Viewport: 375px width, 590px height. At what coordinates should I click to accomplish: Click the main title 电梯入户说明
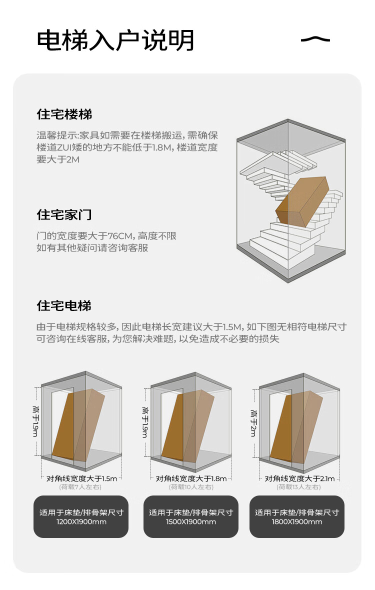[x=115, y=40]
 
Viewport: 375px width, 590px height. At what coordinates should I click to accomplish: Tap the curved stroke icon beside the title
[x=315, y=39]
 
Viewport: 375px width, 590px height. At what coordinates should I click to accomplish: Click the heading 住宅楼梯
[x=64, y=114]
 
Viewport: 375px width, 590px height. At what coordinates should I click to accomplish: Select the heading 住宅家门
[x=64, y=214]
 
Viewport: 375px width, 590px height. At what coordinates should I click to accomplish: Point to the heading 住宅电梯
[x=64, y=305]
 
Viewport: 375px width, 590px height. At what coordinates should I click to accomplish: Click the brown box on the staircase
[x=302, y=202]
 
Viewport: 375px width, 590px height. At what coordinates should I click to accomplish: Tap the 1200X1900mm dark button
[x=81, y=516]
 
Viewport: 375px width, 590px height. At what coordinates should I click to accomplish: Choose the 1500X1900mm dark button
[x=190, y=516]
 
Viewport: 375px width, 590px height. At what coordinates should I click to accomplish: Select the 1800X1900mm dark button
[x=297, y=516]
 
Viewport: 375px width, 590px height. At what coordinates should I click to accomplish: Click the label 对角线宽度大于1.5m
[x=81, y=478]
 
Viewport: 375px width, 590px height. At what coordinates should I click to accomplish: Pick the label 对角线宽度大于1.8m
[x=191, y=478]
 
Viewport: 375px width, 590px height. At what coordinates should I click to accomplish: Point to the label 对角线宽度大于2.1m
[x=299, y=478]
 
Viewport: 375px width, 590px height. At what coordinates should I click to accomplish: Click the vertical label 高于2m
[x=253, y=423]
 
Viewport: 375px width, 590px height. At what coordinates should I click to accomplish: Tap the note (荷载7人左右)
[x=80, y=487]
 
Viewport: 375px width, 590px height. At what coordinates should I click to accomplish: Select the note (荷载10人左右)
[x=191, y=487]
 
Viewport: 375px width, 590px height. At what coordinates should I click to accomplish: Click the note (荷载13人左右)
[x=298, y=487]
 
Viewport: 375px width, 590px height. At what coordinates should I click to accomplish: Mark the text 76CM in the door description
[x=120, y=236]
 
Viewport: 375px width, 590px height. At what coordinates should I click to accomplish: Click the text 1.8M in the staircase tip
[x=161, y=147]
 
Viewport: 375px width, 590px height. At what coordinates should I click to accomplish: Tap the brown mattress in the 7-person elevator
[x=78, y=424]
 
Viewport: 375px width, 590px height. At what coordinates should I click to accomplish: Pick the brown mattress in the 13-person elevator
[x=296, y=426]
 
